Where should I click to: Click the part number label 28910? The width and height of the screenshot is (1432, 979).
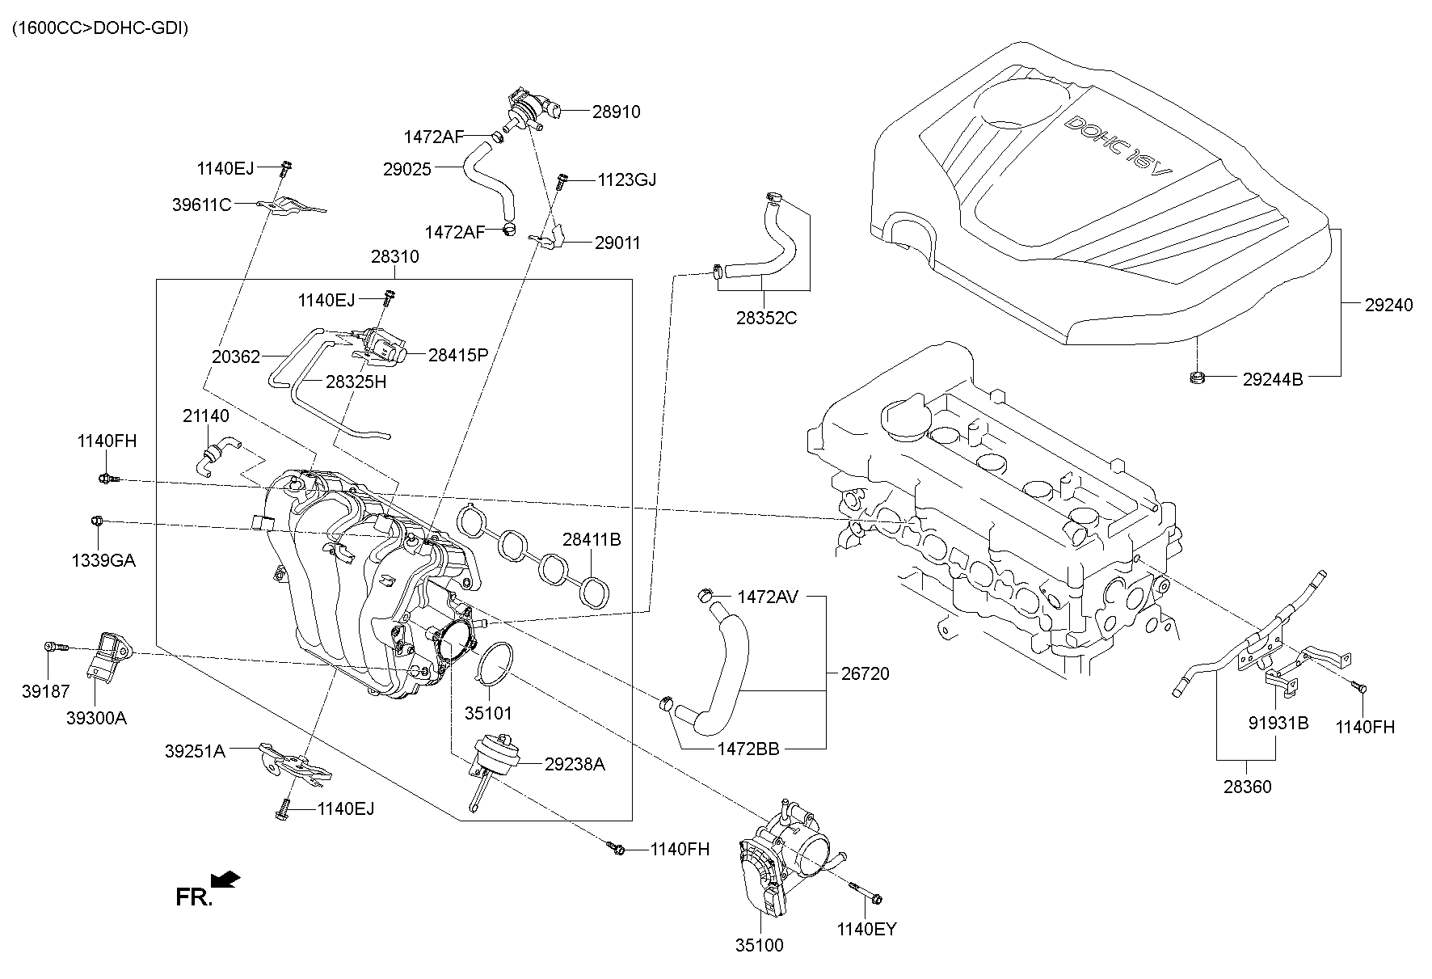click(x=616, y=112)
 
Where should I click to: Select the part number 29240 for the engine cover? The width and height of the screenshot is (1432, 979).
click(x=1388, y=306)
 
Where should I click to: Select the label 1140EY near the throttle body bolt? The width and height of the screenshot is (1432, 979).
click(x=866, y=930)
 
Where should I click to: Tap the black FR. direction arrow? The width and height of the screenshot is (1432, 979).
click(x=229, y=879)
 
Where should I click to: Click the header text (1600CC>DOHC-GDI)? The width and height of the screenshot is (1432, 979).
click(x=99, y=28)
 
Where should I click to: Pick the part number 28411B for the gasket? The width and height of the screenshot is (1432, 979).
click(x=592, y=539)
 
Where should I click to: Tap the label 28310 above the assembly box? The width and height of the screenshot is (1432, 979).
click(x=395, y=257)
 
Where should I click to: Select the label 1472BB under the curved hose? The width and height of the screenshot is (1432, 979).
click(x=748, y=749)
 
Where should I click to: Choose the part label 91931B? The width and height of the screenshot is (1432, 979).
click(x=1278, y=723)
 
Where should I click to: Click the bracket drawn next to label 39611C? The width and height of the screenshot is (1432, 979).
click(x=289, y=207)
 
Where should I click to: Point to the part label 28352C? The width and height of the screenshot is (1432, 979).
click(x=766, y=318)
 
